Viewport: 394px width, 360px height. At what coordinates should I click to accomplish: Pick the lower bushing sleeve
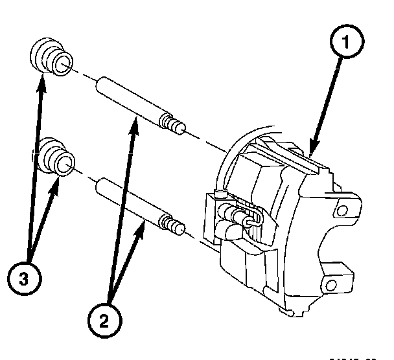point(54,157)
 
